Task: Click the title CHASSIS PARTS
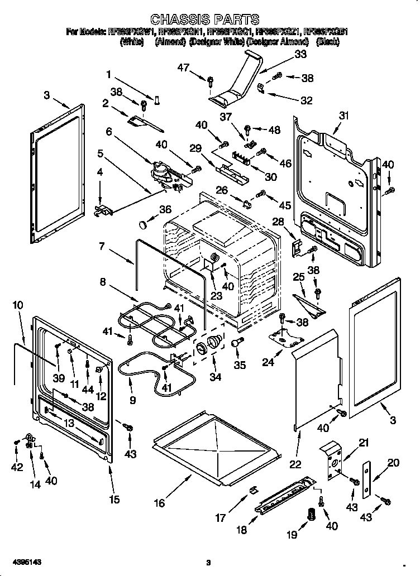pos(206,21)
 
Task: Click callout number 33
pos(300,55)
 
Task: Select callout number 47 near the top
pos(184,68)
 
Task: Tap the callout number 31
pos(343,116)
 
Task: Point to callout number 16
pos(160,503)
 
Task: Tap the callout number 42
pos(17,467)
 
